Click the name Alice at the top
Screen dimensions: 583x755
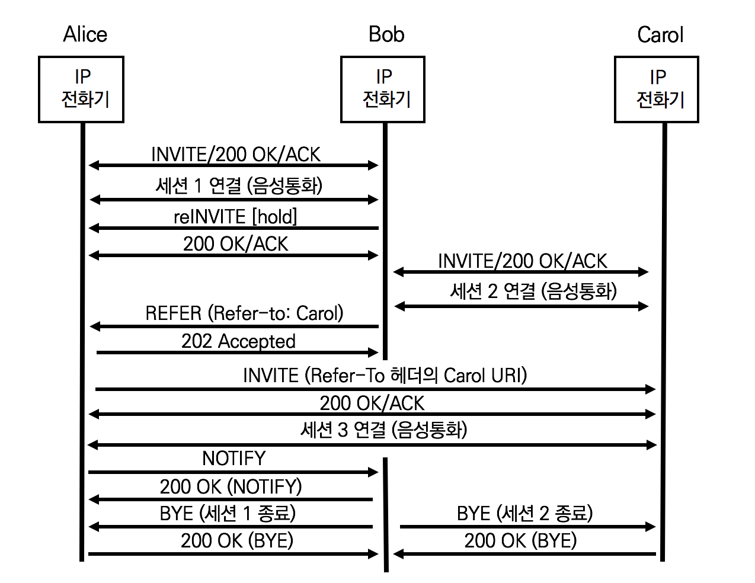[85, 34]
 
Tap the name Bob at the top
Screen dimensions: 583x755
[386, 34]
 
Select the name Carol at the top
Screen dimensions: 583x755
[660, 35]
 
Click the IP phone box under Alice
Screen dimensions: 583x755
[81, 89]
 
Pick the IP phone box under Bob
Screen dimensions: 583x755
[383, 89]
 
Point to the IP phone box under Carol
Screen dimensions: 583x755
[657, 89]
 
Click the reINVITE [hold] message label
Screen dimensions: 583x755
[235, 217]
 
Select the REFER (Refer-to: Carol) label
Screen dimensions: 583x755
[244, 313]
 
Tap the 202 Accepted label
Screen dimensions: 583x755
[238, 341]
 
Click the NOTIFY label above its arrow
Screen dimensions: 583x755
[233, 458]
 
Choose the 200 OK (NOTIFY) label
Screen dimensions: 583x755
[231, 486]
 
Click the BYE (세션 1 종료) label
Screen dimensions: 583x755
[228, 513]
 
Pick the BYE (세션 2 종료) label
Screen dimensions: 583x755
[524, 513]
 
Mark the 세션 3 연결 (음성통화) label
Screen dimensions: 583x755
[383, 430]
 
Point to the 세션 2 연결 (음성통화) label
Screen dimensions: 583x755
[533, 291]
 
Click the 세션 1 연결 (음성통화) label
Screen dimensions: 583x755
[239, 185]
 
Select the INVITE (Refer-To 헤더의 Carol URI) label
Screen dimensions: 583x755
[385, 376]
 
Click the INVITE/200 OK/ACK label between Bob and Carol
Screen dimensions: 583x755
[522, 261]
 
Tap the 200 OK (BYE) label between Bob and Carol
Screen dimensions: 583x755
[520, 540]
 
